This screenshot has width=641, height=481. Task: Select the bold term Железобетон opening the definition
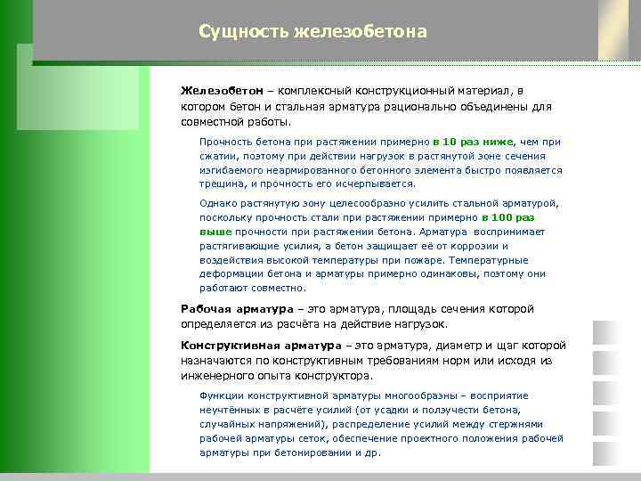[x=220, y=91]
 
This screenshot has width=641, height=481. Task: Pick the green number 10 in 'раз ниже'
[x=450, y=142]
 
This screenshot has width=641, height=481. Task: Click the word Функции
[x=222, y=395]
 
